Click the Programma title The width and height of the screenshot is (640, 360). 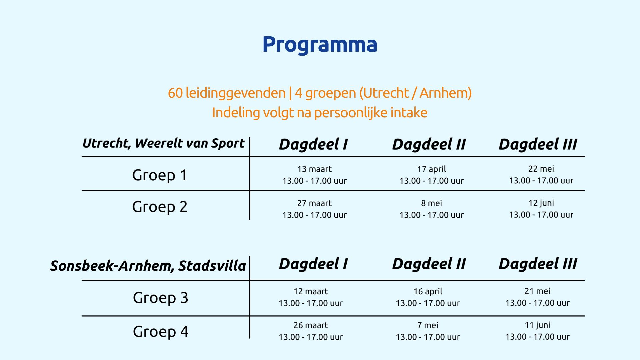(x=320, y=45)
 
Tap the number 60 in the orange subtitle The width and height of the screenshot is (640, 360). (x=175, y=93)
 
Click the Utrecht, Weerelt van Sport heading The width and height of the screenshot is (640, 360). (x=163, y=144)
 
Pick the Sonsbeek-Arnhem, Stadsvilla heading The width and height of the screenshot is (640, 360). (x=148, y=266)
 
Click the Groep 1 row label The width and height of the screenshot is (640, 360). (x=160, y=175)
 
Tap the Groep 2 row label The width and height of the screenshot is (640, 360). (x=160, y=207)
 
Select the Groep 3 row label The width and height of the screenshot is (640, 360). (x=160, y=298)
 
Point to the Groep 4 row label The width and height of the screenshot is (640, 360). (x=161, y=332)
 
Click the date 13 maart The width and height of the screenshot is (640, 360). (x=314, y=169)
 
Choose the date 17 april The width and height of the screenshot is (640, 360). (x=431, y=169)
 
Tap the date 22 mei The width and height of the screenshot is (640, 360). (x=541, y=169)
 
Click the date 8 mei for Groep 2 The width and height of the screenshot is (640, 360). (x=431, y=203)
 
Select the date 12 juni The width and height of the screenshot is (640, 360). (x=541, y=203)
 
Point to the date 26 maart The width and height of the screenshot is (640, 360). (x=311, y=325)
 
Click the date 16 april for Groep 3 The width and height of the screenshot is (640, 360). (x=428, y=292)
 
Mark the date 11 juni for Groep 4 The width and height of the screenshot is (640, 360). (x=537, y=325)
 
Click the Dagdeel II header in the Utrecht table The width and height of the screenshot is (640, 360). (x=429, y=144)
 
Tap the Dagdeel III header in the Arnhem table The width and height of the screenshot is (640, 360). (x=538, y=264)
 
